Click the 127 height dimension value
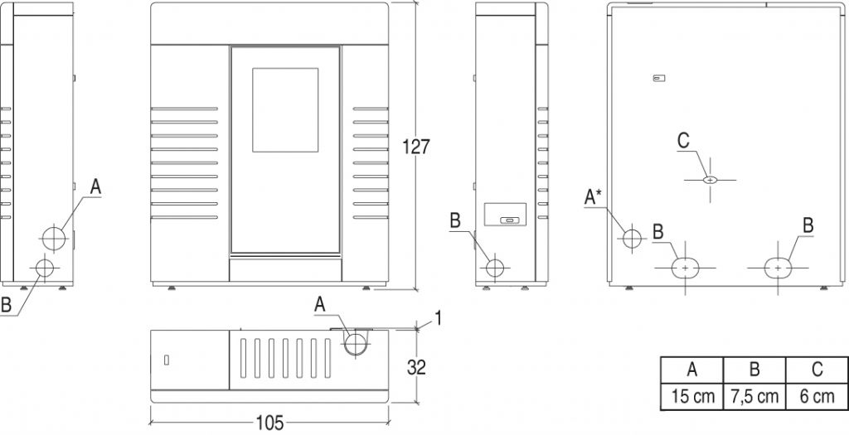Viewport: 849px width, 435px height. [416, 147]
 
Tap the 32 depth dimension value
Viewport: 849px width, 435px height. [416, 368]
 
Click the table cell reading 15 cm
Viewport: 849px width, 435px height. [693, 397]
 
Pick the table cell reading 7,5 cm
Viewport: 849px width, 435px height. [754, 397]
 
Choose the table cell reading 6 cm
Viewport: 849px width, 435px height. [817, 397]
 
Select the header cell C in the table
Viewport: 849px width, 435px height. [817, 370]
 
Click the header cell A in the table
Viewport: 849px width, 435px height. [693, 370]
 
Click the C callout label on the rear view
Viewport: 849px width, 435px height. [683, 141]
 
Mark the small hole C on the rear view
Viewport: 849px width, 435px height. [711, 180]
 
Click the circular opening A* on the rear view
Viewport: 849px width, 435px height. [632, 238]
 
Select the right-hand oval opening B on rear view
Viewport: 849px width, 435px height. [778, 268]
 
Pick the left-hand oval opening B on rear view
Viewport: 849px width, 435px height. [686, 268]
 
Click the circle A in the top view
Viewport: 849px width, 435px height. [356, 344]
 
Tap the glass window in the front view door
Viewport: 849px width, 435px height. [285, 110]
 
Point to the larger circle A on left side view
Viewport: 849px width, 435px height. [54, 238]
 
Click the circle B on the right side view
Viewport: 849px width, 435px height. [495, 268]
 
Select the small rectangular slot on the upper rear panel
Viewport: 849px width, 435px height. [659, 79]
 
